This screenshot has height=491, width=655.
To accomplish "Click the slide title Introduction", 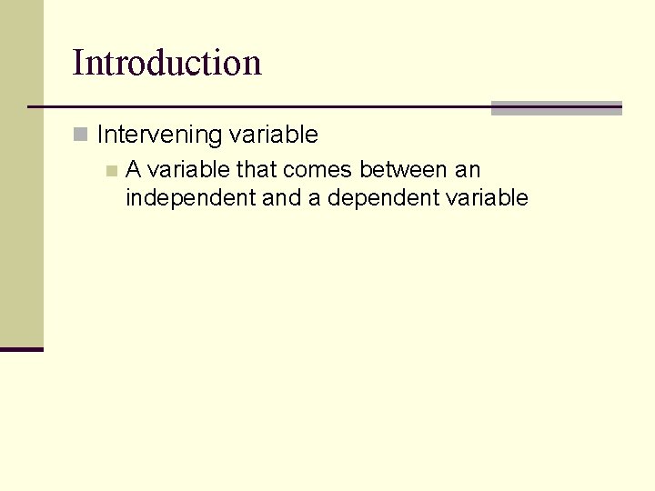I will (166, 63).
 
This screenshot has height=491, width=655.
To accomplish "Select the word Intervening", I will (159, 135).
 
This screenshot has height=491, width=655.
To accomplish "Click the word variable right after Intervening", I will (273, 135).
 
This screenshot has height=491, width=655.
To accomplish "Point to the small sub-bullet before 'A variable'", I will (111, 170).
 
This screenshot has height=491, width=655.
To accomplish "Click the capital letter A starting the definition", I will (133, 169).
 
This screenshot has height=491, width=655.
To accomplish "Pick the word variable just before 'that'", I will (188, 169).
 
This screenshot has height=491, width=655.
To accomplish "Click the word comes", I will (317, 169).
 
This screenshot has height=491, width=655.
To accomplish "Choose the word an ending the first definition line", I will (468, 169).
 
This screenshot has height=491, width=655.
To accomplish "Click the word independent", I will (190, 198).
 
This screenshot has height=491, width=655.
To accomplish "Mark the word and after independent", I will (281, 198).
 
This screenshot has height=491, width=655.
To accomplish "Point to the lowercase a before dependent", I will (314, 198).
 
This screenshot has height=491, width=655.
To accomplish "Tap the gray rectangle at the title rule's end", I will (556, 108).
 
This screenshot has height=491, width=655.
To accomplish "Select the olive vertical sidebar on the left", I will (21, 173).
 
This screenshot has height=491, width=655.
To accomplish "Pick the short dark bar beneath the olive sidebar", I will (21, 349).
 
